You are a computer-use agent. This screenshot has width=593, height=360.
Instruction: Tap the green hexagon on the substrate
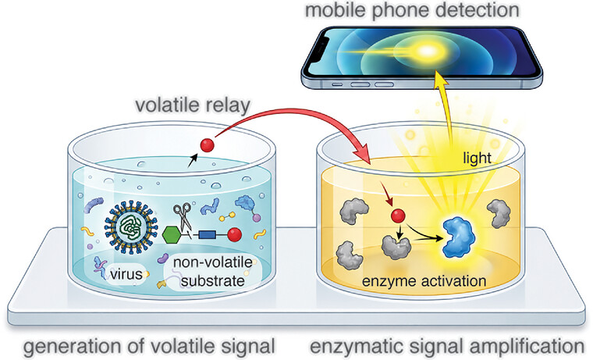click(x=172, y=235)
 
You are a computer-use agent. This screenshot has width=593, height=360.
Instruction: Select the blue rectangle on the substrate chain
click(x=208, y=235)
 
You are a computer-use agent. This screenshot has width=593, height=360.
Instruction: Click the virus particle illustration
click(x=131, y=226)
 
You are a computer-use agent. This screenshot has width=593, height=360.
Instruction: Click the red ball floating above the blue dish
click(x=207, y=145)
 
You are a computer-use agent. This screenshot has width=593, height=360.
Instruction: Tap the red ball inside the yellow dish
click(x=398, y=216)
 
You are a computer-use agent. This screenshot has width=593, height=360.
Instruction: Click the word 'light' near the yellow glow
click(x=478, y=158)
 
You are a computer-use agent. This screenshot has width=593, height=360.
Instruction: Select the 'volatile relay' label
click(x=193, y=105)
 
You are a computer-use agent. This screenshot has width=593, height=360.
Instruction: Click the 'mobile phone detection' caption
click(x=412, y=10)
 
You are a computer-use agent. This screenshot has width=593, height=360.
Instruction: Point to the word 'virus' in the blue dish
click(x=126, y=273)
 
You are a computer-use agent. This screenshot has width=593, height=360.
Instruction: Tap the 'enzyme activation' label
click(x=424, y=281)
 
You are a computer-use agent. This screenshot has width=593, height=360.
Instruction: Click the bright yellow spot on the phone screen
click(x=427, y=51)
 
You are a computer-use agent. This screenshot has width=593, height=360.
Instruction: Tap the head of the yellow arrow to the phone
click(x=439, y=77)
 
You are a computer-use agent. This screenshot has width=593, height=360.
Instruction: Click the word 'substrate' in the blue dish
click(x=212, y=281)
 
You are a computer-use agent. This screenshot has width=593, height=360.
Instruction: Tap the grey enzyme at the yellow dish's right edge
click(x=499, y=213)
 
